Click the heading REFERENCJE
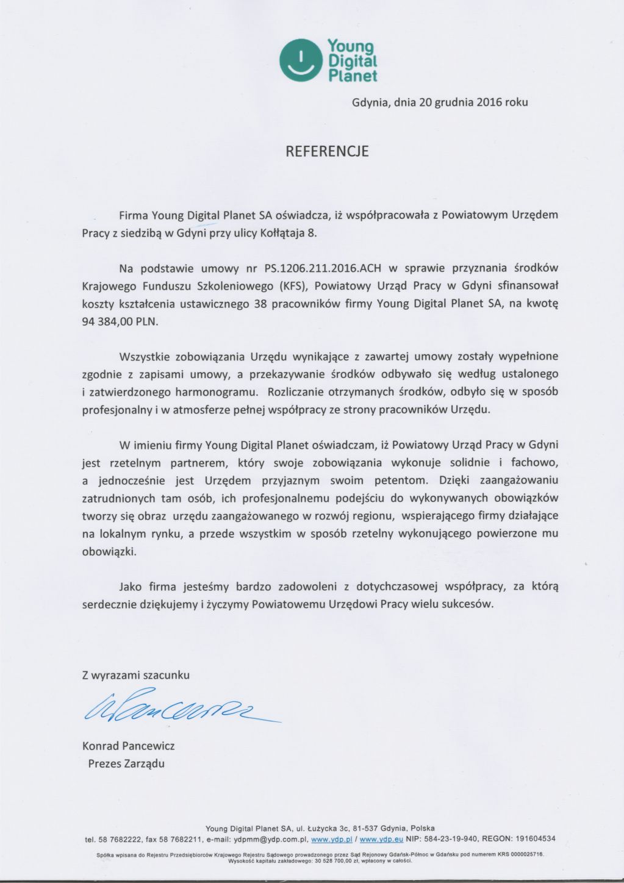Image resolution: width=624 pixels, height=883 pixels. click(328, 151)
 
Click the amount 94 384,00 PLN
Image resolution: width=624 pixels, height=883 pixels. click(120, 323)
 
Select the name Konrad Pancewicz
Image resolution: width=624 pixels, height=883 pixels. click(128, 746)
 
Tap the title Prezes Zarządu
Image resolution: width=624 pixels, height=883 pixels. click(126, 763)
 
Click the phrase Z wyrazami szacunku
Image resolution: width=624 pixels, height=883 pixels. click(135, 675)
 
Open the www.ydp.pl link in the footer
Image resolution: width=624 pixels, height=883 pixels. click(328, 839)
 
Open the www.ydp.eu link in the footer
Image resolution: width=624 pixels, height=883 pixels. click(378, 839)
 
